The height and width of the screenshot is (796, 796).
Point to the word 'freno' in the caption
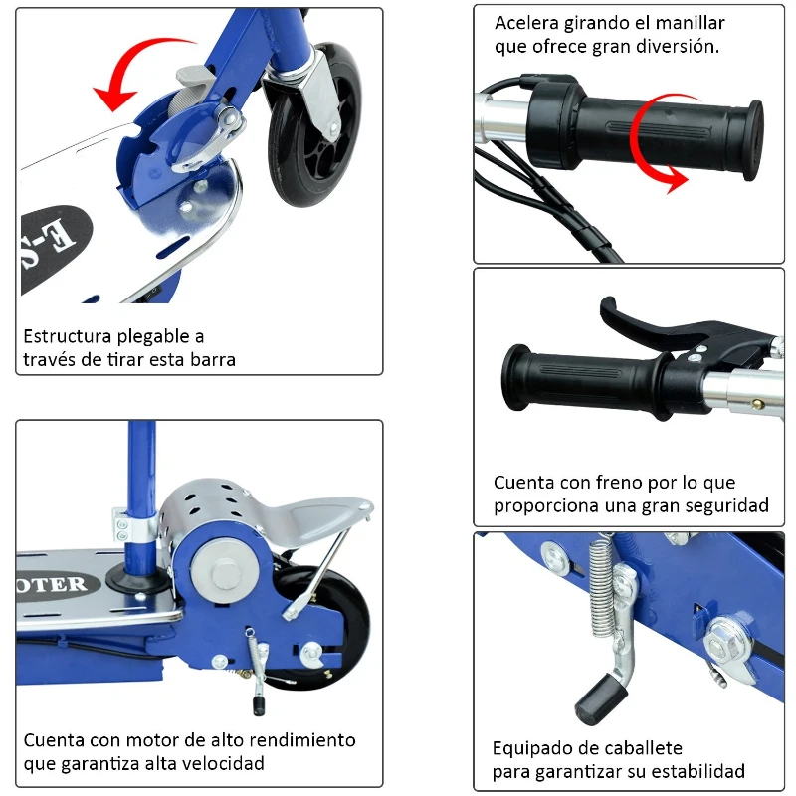coord(605,484)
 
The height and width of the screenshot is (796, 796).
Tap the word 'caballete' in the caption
coord(638,748)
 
